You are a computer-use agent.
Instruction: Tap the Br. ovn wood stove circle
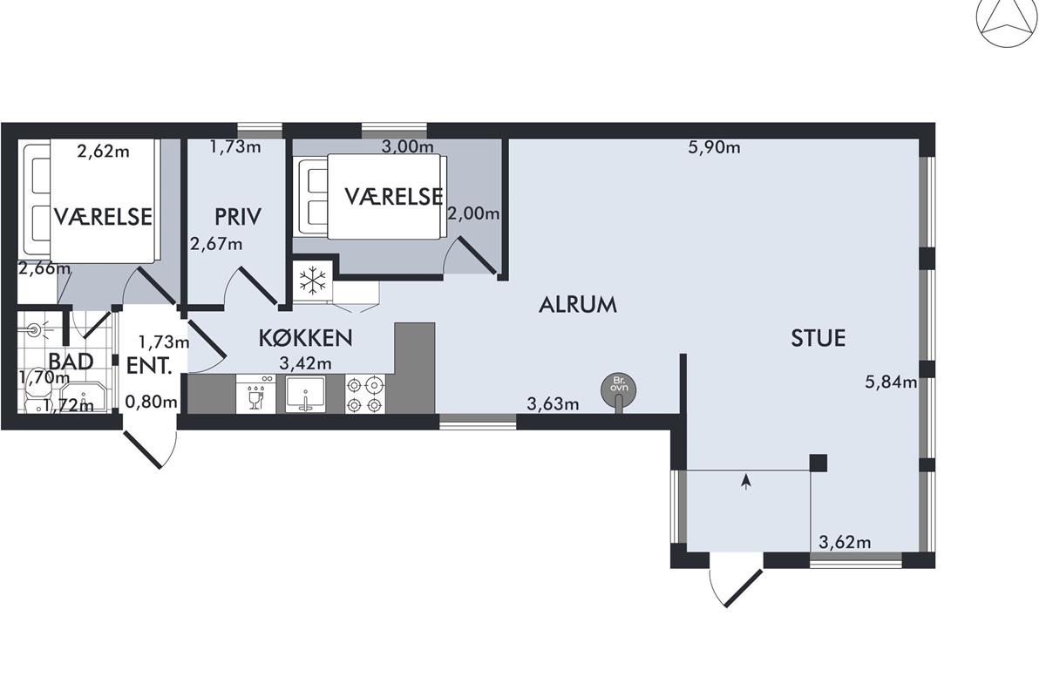pos(619,389)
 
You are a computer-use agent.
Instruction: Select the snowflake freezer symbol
pos(312,281)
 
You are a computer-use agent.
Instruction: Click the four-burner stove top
pos(365,394)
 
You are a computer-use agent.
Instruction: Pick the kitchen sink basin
pos(306,394)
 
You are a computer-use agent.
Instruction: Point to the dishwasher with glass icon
pos(256,394)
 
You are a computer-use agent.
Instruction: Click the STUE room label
pos(818,338)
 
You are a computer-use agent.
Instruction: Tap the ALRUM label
pos(578,305)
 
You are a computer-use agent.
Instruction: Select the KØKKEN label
pos(305,337)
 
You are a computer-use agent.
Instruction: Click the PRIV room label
pos(238,217)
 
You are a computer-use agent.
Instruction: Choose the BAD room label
pos(71,362)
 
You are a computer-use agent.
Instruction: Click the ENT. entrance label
pos(149,366)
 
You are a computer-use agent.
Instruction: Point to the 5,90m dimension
pos(714,147)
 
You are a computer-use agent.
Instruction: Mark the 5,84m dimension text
pos(891,382)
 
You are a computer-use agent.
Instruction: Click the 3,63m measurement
pos(553,403)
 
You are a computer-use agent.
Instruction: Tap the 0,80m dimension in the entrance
pos(152,401)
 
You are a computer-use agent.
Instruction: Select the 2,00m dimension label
pos(473,213)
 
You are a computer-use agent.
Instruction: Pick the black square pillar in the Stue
pos(818,464)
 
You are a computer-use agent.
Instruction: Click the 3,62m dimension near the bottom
pos(845,542)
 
